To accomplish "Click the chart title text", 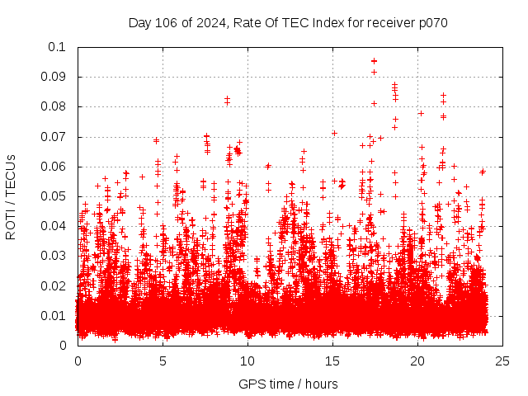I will point(288,23).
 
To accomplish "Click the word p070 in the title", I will point(431,23).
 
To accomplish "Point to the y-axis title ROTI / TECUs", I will point(12,196).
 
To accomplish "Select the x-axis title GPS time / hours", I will point(288,384).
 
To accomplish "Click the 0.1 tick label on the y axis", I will point(58,47).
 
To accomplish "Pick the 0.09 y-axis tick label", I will point(54,77).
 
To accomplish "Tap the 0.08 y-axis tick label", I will point(54,106).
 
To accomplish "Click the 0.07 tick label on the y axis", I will point(54,137).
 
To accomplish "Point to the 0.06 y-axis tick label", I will point(54,167).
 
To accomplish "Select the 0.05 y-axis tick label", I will point(54,196).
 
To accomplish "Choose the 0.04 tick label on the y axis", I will point(54,226).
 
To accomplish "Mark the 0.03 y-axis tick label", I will point(54,256).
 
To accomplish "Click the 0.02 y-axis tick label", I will point(54,285).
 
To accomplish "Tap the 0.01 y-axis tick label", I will point(54,316).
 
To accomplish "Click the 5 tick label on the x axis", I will point(163,361).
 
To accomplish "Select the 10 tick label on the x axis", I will point(247,361).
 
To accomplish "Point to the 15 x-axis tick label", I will point(332,361).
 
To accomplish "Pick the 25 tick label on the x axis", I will point(502,361).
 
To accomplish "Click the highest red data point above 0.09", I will point(374,60).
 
